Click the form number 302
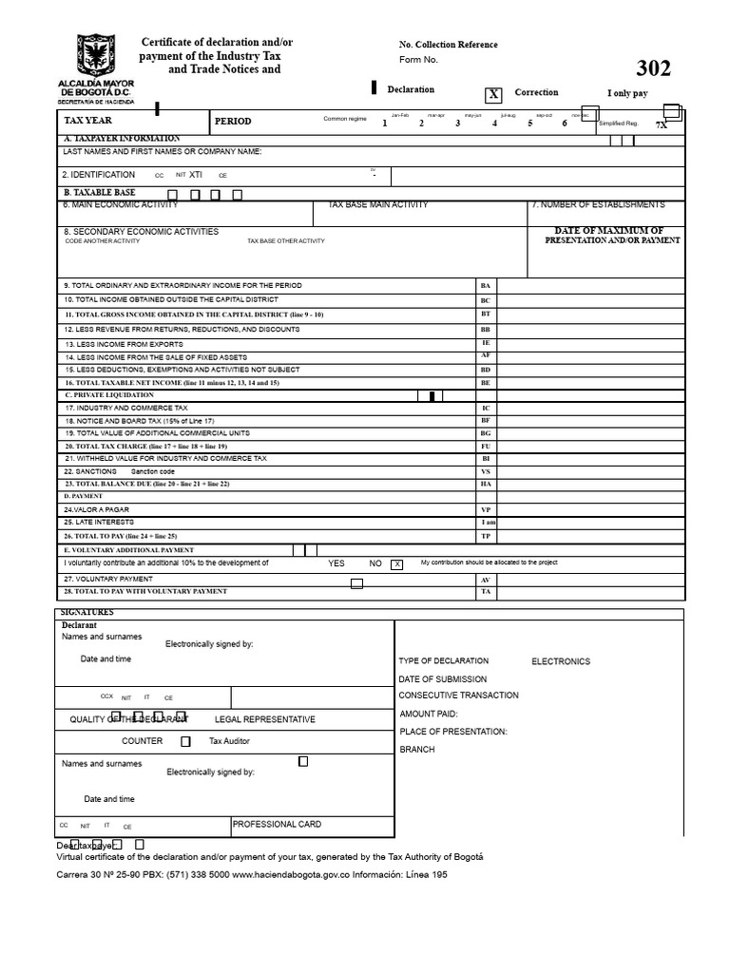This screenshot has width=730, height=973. pos(653,68)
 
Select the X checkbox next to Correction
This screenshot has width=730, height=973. pos(493,94)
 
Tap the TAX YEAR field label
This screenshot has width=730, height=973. pos(87,122)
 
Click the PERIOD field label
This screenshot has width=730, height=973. pos(233,122)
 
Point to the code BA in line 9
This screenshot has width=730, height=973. pos(486,285)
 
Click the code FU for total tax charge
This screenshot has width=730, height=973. pos(486,446)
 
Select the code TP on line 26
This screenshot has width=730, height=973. pos(486,536)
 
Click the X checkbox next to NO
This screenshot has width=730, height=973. pos(397,563)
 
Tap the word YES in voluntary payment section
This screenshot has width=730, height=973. pos(336,563)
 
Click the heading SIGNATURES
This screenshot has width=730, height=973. pos(87,613)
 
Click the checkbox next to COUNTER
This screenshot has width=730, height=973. pos(185,741)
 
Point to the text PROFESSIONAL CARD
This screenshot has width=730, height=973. pos(277,825)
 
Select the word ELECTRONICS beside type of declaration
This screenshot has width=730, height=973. pos(560,661)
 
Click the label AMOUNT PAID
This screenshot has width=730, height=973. pos(429,714)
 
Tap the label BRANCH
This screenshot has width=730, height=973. pos(417,750)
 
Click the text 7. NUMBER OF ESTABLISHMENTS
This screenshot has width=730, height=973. pos(598,205)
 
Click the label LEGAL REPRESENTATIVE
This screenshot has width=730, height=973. pos(265,719)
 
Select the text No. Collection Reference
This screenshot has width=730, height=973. pos(449,45)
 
